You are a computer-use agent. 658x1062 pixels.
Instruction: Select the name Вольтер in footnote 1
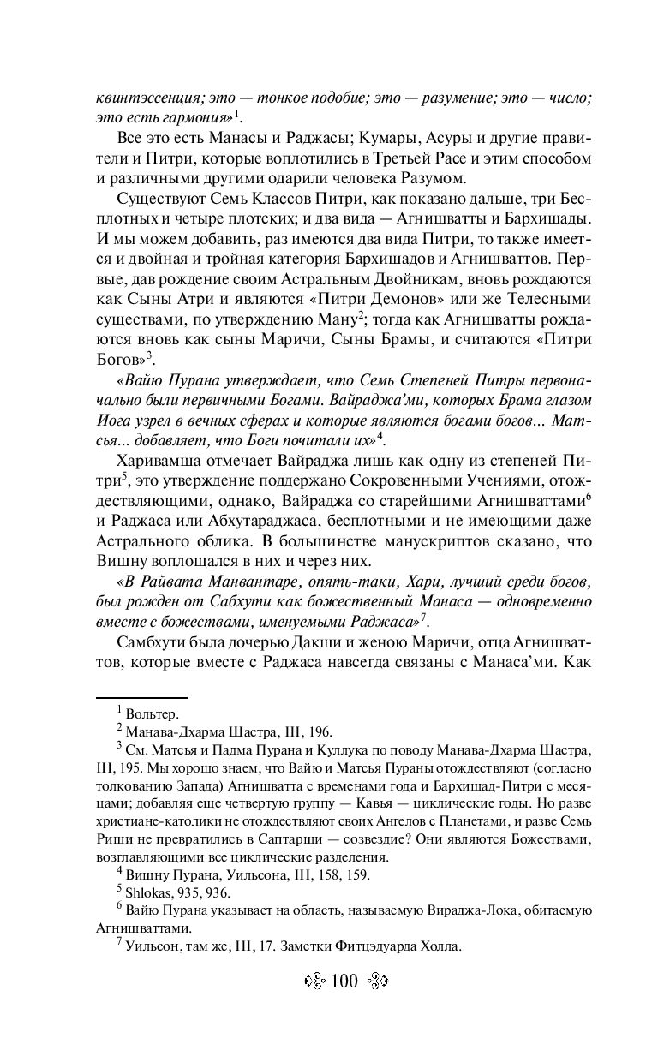(x=151, y=713)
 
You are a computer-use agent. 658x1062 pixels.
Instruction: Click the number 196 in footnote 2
(x=320, y=731)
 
